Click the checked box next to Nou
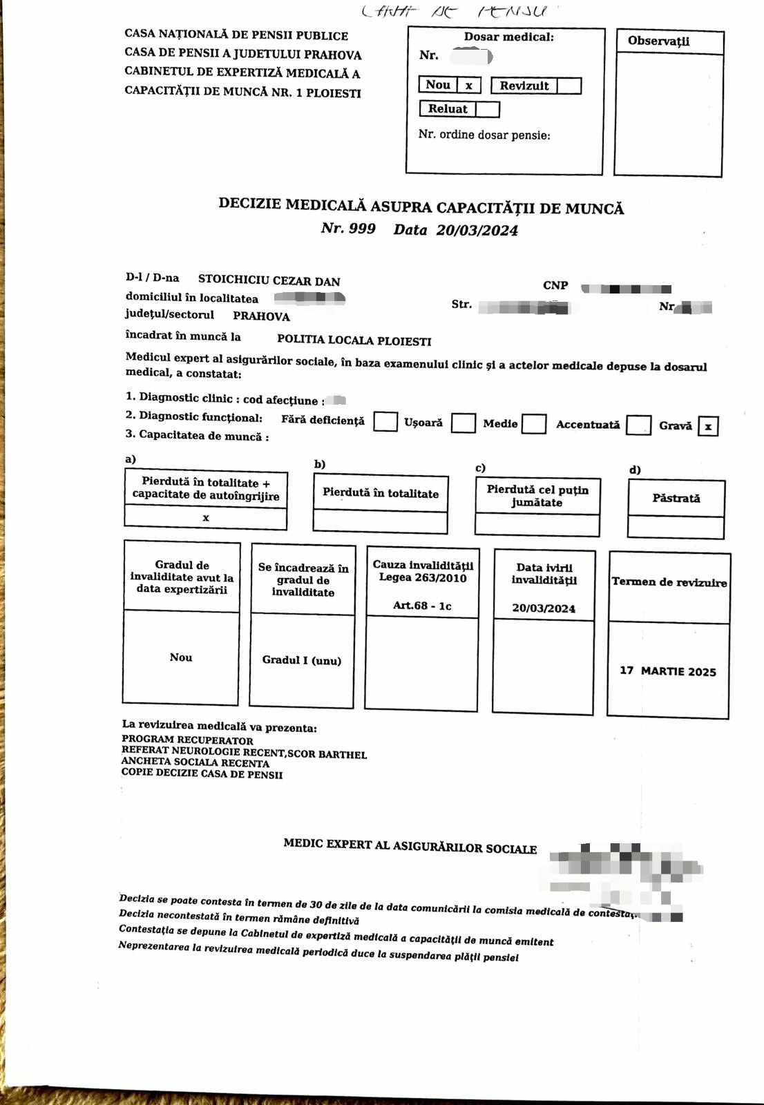(469, 86)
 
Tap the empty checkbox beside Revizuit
(569, 86)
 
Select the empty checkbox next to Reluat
(487, 109)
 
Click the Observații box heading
(658, 41)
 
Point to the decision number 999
(362, 229)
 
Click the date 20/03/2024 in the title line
(477, 231)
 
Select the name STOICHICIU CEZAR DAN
(269, 280)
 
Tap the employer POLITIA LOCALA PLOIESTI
(354, 340)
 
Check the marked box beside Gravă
(708, 426)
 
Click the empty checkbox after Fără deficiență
(385, 422)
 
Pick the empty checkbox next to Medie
(534, 424)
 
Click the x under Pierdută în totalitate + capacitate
(206, 517)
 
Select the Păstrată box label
(676, 498)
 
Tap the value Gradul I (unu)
(301, 660)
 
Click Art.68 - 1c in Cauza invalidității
(422, 606)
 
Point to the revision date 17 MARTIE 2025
(667, 671)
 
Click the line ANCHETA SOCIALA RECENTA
(195, 763)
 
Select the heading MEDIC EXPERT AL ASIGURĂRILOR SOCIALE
(410, 845)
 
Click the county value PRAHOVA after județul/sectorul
(261, 316)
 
